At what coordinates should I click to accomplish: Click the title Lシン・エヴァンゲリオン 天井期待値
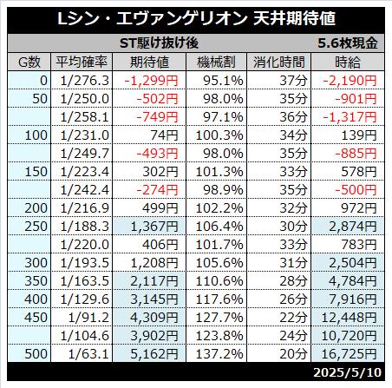point(196,18)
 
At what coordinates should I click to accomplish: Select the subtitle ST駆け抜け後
point(159,43)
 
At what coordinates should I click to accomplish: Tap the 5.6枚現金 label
point(348,43)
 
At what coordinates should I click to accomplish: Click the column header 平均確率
point(82,62)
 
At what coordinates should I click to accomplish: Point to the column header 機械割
point(216,62)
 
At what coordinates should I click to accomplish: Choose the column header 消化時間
point(279,62)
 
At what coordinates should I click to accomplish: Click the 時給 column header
point(348,62)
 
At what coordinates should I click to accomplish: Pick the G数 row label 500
point(36,354)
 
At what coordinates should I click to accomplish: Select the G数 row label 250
point(36,227)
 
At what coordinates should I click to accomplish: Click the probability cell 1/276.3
point(85,81)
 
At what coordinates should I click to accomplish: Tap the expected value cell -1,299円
point(151,81)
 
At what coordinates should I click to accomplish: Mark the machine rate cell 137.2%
point(219,354)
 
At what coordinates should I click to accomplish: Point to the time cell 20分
point(293,354)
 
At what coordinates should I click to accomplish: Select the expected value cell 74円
point(164,135)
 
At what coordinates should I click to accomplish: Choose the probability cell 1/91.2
point(88,318)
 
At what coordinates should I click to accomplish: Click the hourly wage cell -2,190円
point(350,81)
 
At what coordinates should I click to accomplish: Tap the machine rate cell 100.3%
point(219,135)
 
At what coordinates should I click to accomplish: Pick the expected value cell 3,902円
point(154,336)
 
